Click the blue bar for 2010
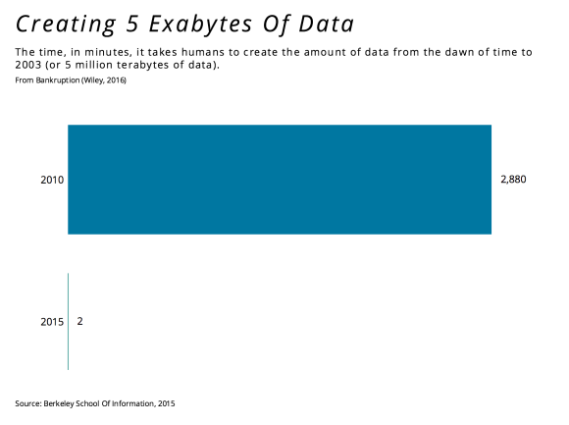click(x=280, y=180)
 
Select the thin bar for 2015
click(x=69, y=322)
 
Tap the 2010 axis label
click(x=52, y=180)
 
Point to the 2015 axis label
click(x=52, y=322)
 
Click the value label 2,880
click(x=513, y=180)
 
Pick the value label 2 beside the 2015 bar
click(x=79, y=321)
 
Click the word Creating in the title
click(x=66, y=25)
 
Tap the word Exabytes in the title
click(x=200, y=25)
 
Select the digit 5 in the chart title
click(x=132, y=24)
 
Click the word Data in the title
click(x=327, y=24)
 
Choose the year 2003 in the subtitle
click(x=28, y=65)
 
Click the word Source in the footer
click(x=27, y=403)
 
